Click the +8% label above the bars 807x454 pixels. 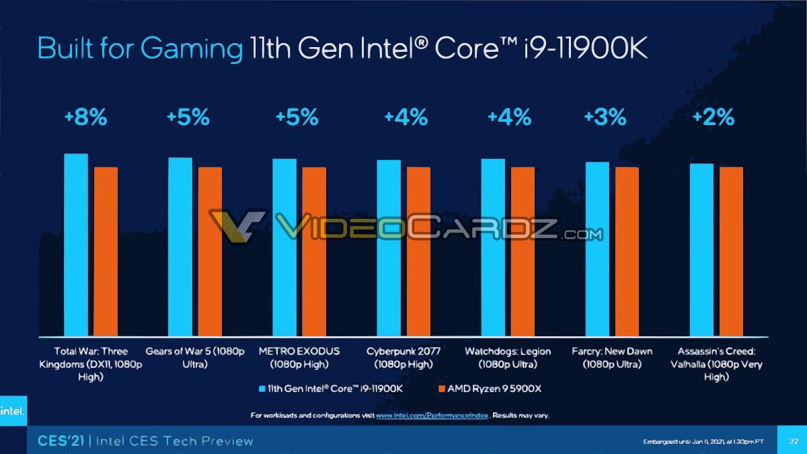tap(85, 118)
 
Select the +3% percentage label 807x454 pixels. tap(605, 118)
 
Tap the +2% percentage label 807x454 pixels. tap(713, 118)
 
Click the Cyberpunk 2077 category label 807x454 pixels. tap(399, 358)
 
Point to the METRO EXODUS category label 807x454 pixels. tap(299, 358)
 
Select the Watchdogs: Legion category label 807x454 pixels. tap(508, 358)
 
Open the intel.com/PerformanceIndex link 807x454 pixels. tap(432, 416)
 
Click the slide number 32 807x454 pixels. tap(792, 441)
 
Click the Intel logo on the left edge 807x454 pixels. tap(11, 412)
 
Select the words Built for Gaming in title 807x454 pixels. tap(140, 50)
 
